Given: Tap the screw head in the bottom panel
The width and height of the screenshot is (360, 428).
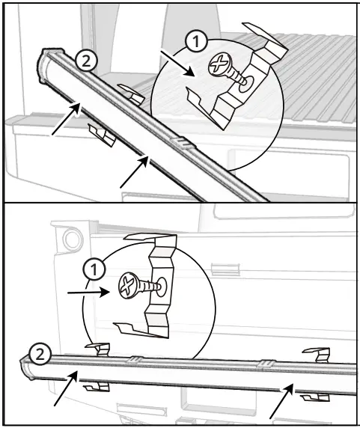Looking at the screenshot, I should point(126,284).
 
